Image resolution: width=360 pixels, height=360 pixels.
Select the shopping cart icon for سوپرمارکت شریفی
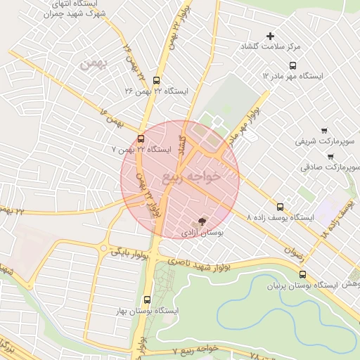coord(323,130)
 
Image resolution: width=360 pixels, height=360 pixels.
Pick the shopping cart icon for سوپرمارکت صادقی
coord(330,157)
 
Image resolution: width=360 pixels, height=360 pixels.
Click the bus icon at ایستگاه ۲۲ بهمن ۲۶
coord(156,80)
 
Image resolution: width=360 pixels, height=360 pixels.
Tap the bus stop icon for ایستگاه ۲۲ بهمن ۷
coord(141,139)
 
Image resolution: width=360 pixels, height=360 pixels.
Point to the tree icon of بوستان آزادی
coord(202,221)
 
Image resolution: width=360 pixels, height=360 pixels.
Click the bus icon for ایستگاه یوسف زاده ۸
coord(281,207)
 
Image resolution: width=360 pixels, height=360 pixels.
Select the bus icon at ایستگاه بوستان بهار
coord(146,299)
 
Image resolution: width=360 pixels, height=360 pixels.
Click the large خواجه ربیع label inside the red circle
coord(191,176)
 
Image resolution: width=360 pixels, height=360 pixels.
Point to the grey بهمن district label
coord(92,65)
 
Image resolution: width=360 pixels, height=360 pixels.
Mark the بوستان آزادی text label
coord(202,231)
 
